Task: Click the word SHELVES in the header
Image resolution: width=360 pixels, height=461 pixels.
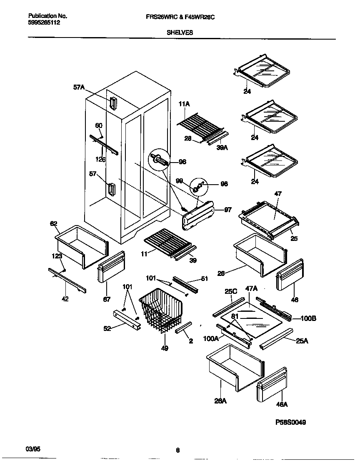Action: pyautogui.click(x=180, y=32)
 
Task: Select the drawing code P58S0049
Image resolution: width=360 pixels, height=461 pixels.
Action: pyautogui.click(x=290, y=422)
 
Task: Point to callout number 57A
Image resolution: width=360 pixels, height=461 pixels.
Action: pyautogui.click(x=79, y=87)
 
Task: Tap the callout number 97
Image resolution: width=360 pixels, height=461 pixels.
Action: pyautogui.click(x=227, y=210)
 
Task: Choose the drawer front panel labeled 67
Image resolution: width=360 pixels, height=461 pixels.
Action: pyautogui.click(x=110, y=267)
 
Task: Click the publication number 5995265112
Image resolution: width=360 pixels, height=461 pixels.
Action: pyautogui.click(x=44, y=23)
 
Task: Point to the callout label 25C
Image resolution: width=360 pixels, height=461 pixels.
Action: pyautogui.click(x=231, y=291)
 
